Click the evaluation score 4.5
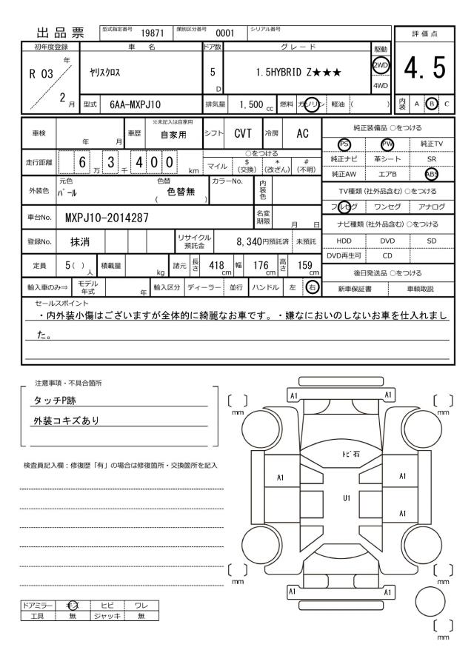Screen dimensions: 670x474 425,70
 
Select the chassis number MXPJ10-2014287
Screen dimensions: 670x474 107,218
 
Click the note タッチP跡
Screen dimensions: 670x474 56,401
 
